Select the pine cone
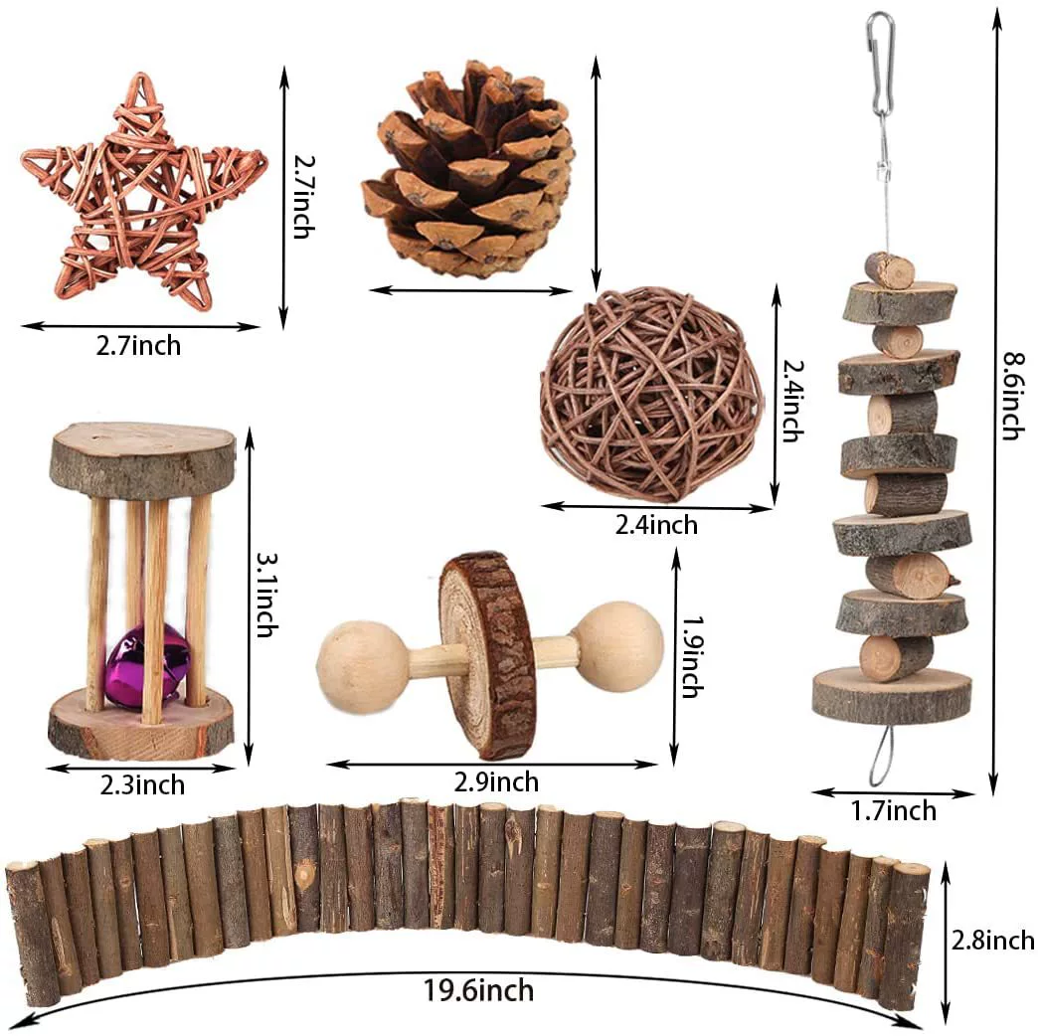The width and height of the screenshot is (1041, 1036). [468, 169]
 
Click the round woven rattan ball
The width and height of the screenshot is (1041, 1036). [650, 394]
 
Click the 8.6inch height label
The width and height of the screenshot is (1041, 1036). [1013, 396]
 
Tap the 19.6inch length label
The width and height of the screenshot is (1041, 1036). [478, 990]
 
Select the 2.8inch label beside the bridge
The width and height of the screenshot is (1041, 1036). [992, 941]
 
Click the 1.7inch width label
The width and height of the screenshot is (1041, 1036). [894, 810]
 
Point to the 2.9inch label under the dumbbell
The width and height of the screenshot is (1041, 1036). [496, 781]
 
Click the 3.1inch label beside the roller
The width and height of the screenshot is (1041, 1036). [267, 596]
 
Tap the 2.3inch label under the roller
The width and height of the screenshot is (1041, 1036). [142, 785]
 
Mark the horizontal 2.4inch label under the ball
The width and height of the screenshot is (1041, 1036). [656, 525]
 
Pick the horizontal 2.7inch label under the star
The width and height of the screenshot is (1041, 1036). [138, 346]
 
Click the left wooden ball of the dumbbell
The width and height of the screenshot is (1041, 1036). [363, 667]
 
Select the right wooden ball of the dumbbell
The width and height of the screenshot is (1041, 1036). [618, 647]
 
